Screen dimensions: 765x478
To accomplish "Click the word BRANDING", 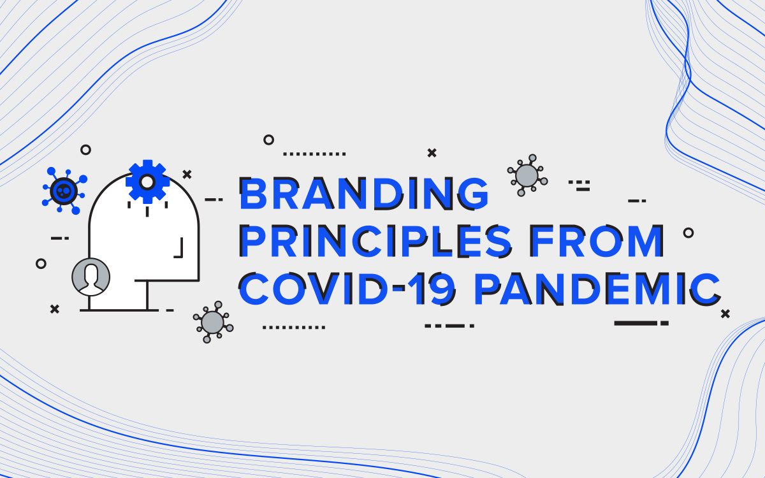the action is [364, 193].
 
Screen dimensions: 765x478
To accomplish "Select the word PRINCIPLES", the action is [375, 241].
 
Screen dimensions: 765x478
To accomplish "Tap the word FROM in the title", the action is [597, 241].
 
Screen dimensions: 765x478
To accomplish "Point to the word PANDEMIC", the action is [598, 288].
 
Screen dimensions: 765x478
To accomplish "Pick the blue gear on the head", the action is [147, 182].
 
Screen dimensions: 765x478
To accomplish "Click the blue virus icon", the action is [64, 191].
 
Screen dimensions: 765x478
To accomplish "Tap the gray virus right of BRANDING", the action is [527, 175].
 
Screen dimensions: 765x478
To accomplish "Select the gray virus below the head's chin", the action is [213, 322].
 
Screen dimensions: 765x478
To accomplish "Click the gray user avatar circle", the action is [91, 277].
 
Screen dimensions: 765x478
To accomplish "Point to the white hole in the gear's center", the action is [147, 182].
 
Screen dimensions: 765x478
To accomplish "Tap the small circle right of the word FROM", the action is [688, 233].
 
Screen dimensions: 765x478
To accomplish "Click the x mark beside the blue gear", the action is [187, 175].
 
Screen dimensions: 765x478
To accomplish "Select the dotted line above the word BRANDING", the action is [314, 154].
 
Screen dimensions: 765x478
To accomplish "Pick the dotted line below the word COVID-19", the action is [294, 328].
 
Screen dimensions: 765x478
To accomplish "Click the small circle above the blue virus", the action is [85, 150].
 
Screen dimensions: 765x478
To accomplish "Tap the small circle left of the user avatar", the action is [41, 264].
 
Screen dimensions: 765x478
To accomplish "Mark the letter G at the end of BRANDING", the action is [474, 193].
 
